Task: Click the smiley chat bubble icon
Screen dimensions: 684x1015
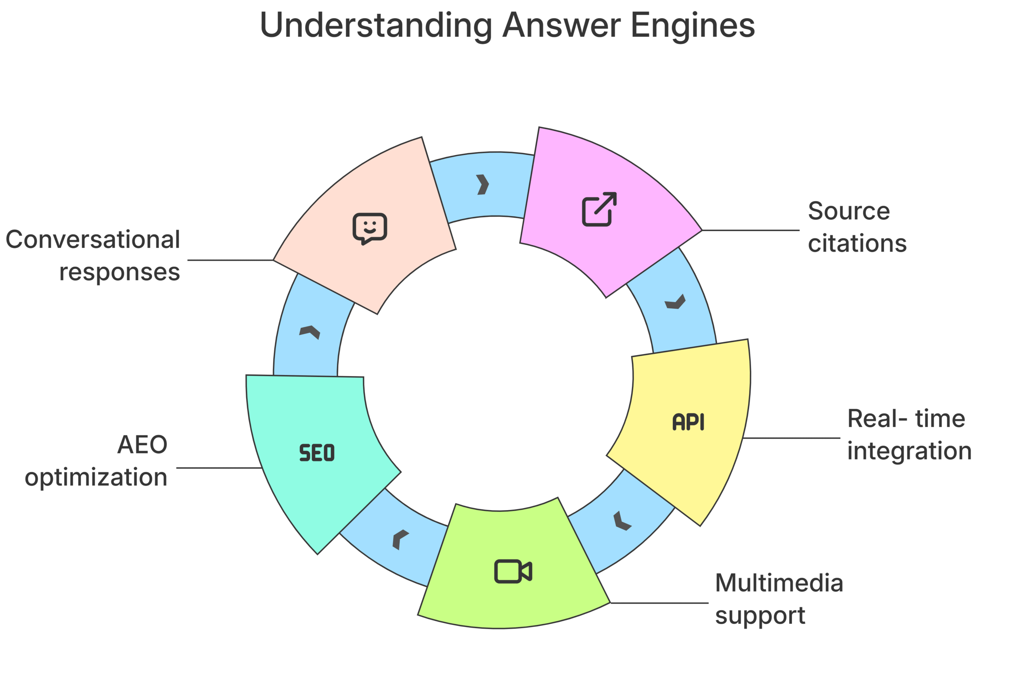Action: (x=370, y=229)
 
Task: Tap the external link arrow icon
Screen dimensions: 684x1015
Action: (x=599, y=209)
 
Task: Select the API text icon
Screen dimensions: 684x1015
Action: (x=688, y=422)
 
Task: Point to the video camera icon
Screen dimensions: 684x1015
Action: (x=513, y=571)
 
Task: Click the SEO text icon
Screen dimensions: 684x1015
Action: (x=317, y=452)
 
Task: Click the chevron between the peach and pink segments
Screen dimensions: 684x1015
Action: (x=482, y=184)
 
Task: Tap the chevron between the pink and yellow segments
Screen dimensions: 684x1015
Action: (x=675, y=302)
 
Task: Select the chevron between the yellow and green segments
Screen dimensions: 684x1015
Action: (x=622, y=521)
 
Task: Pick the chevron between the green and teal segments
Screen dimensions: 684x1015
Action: (x=400, y=540)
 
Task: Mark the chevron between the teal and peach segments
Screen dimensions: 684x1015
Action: (x=310, y=332)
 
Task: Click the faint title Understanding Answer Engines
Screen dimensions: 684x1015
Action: (x=508, y=24)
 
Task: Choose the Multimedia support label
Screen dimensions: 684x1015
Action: (x=778, y=600)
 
